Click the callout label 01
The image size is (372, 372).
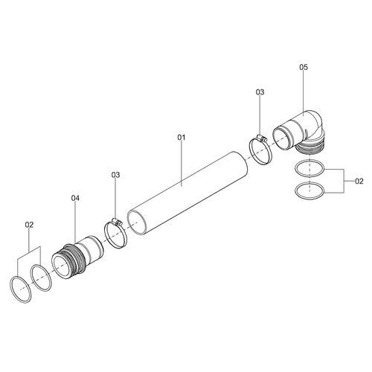[182, 138]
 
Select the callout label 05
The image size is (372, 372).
[304, 67]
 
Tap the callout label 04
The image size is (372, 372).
[75, 198]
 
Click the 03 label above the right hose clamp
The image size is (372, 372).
[260, 92]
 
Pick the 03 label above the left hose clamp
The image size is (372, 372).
[115, 175]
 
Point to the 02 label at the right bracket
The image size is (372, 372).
[359, 182]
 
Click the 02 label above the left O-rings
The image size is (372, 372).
[29, 225]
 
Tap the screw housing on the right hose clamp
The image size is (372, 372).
[262, 138]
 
